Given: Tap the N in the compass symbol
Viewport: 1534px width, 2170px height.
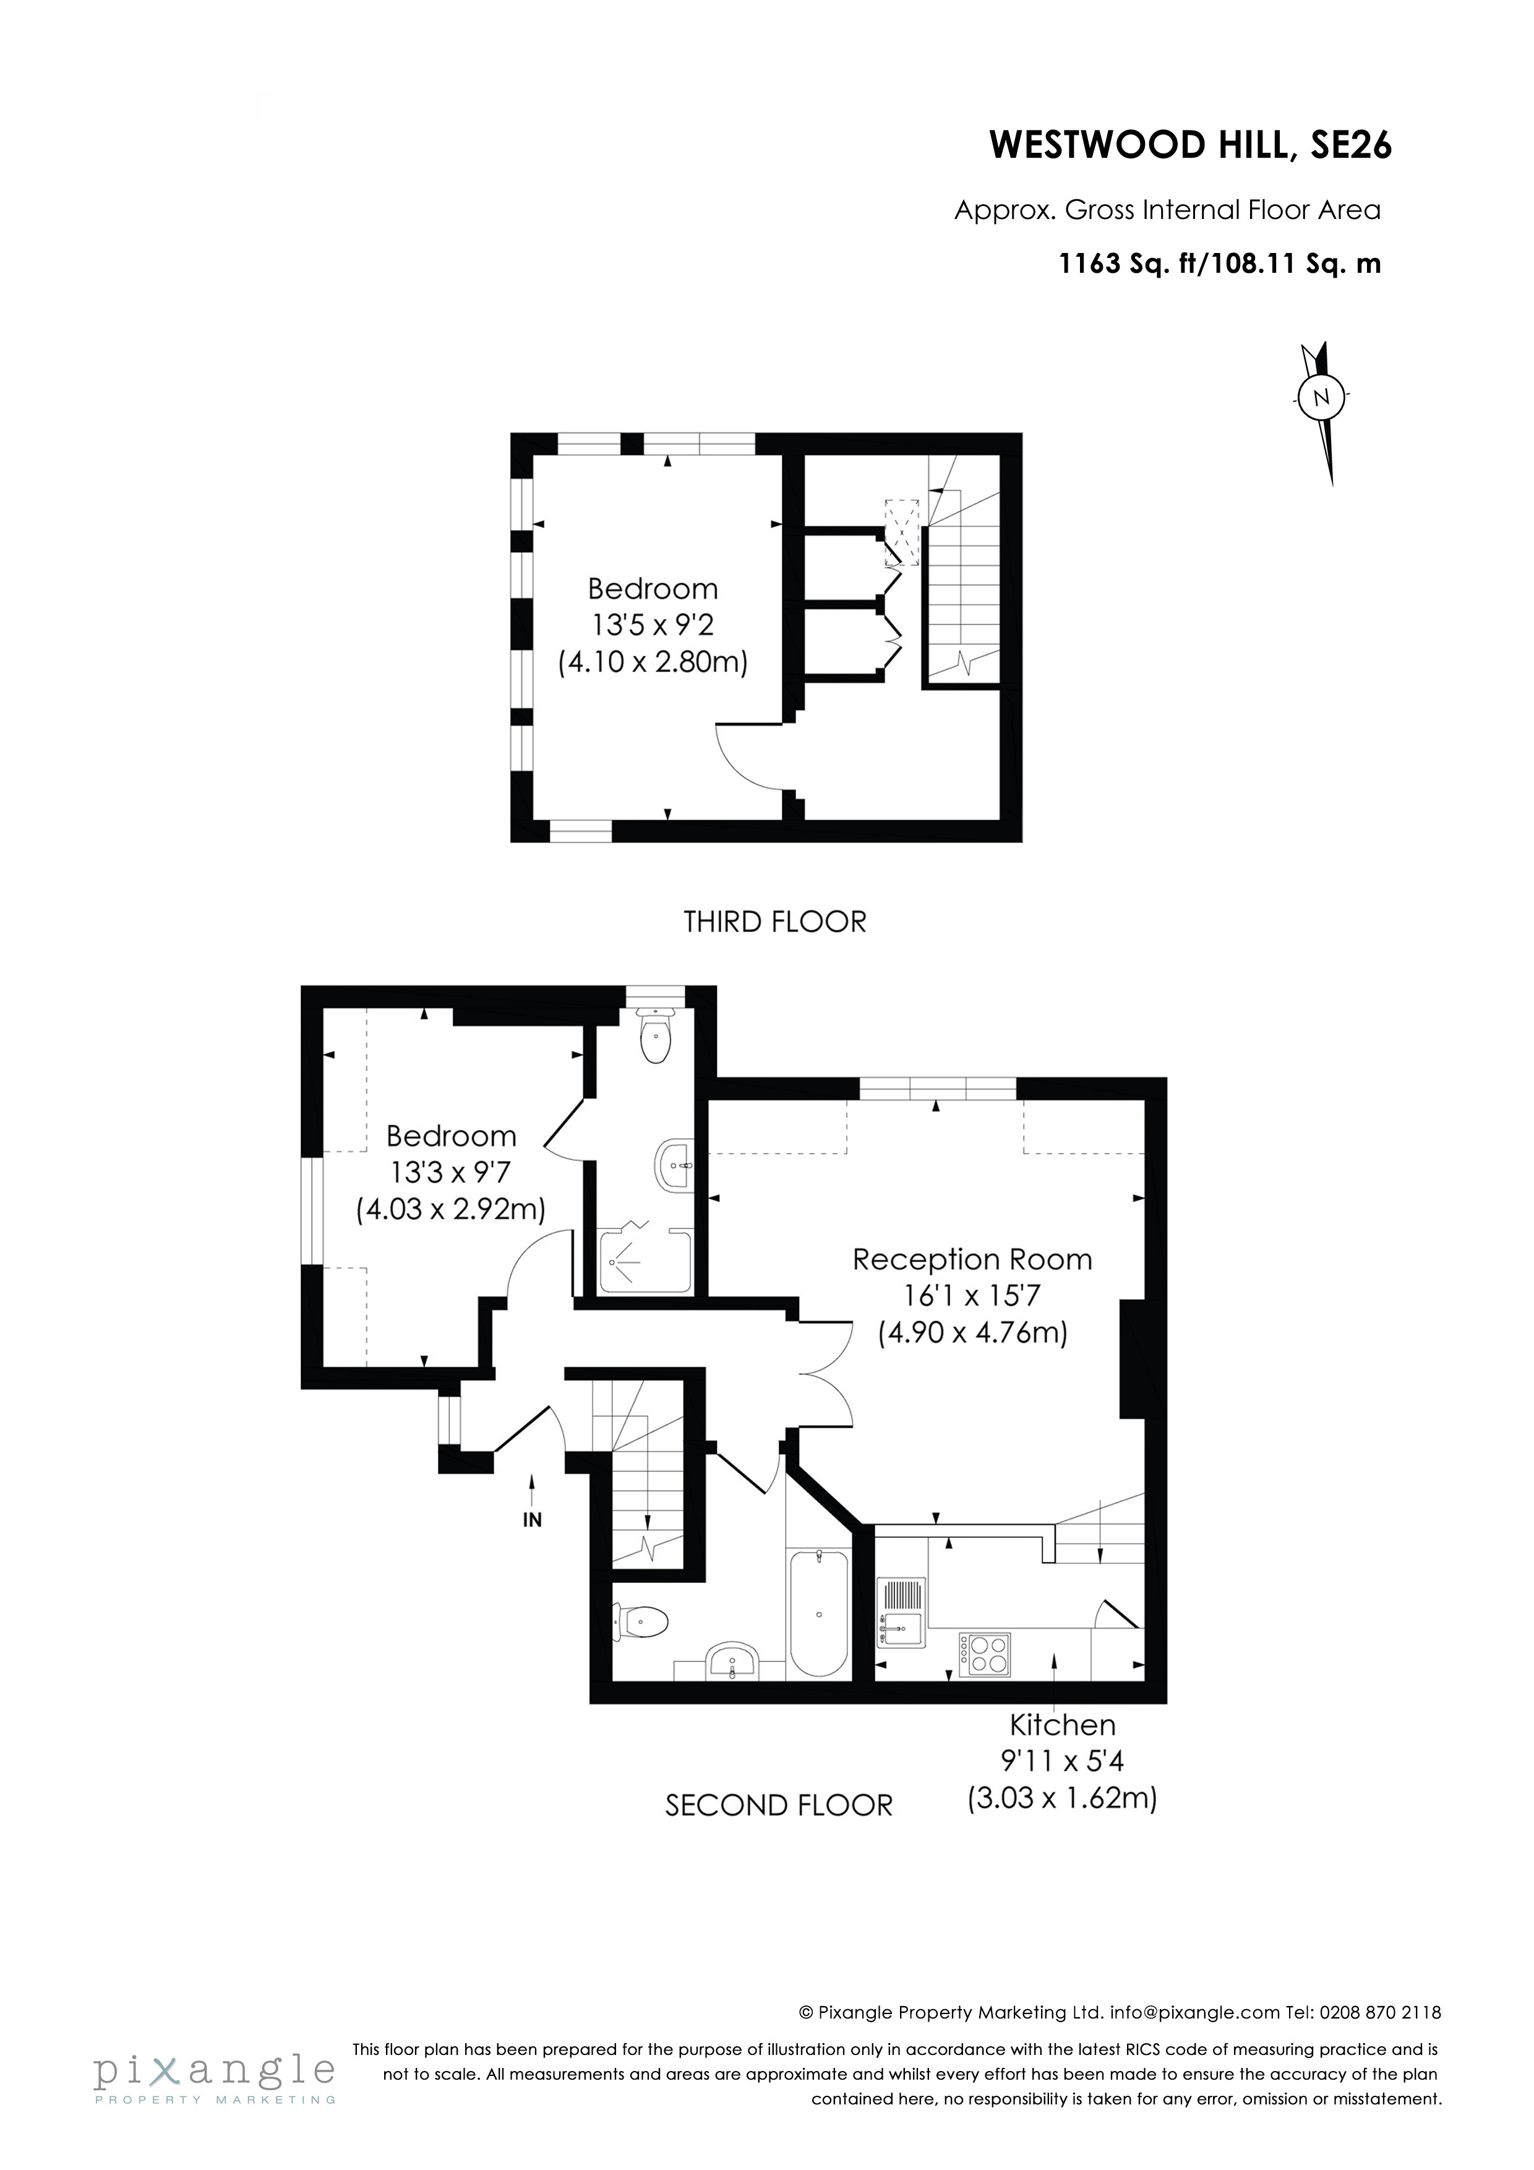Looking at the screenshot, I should coord(1321,397).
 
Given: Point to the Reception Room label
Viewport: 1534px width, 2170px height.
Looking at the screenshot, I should coord(972,1260).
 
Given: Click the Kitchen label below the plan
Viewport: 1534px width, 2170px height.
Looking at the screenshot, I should coord(1063,1725).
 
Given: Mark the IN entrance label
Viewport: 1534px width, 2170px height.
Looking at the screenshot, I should coord(532,1520).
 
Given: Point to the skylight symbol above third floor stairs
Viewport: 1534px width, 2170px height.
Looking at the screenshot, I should coord(901,532).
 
